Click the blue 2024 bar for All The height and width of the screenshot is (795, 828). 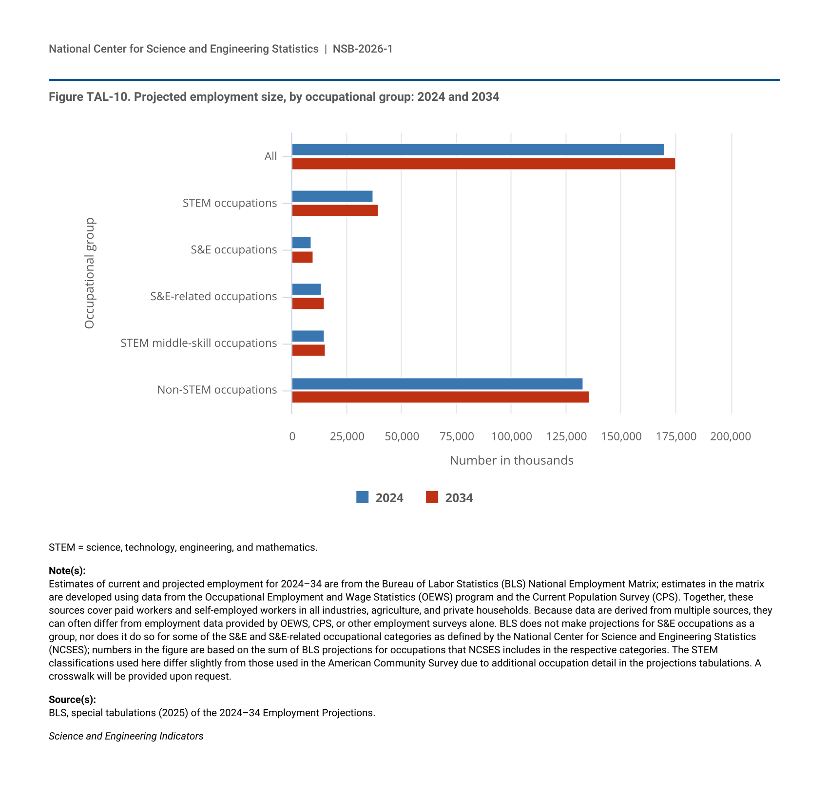478,150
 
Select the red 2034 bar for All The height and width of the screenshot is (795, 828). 483,164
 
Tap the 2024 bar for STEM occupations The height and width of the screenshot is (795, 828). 332,196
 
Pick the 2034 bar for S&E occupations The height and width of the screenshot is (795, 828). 302,257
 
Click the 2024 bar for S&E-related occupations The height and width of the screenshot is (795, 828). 306,289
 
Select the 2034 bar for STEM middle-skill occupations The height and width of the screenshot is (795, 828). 308,350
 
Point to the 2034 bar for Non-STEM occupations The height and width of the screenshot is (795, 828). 440,397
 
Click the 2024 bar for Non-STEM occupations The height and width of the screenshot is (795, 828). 437,384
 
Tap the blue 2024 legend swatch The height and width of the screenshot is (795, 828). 362,497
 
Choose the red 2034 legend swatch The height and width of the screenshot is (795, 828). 432,497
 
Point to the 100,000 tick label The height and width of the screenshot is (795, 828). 511,436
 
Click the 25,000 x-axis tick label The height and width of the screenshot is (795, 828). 347,436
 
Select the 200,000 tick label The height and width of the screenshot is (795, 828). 731,436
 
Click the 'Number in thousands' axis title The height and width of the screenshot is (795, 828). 511,460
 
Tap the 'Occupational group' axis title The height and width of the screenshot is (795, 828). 90,273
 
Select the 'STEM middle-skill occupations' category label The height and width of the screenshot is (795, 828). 198,343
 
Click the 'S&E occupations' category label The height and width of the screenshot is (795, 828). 233,250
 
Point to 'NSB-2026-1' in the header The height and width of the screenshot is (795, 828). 363,49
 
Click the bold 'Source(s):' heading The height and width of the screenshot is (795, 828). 72,700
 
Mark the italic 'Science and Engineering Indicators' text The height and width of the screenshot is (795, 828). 126,736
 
